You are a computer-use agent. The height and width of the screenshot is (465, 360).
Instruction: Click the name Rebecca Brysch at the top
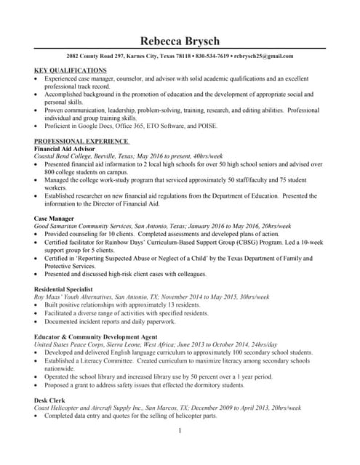pos(180,41)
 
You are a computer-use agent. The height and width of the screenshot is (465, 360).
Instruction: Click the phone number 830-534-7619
pos(212,56)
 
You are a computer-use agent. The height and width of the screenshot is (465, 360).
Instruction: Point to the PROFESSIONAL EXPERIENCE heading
pos(81,140)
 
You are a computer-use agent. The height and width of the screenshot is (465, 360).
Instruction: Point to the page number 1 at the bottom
pos(179,432)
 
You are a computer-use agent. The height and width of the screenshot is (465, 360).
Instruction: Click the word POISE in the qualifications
pos(205,126)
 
